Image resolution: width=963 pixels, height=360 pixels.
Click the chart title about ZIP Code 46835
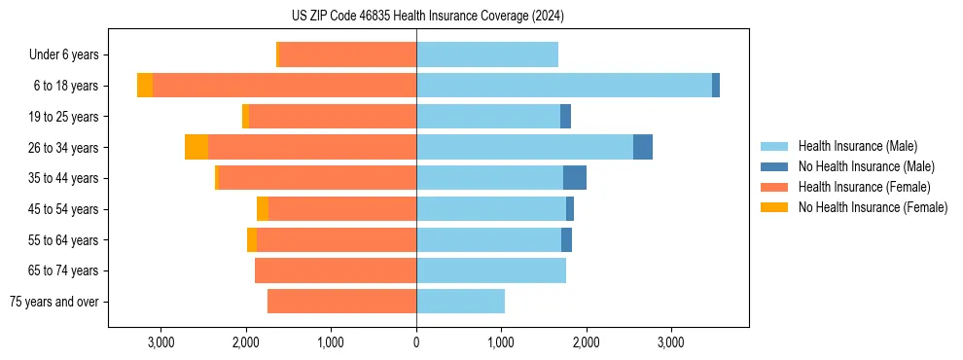point(427,16)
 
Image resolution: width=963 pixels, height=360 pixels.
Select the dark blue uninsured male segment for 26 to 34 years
point(643,147)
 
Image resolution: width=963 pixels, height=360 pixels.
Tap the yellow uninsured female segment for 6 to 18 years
point(145,86)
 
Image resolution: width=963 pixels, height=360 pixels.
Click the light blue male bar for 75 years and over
point(460,302)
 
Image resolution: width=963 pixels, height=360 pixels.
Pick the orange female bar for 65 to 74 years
point(336,270)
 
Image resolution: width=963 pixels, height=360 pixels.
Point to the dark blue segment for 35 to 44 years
point(575,178)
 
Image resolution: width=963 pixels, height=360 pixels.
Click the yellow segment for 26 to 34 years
point(196,147)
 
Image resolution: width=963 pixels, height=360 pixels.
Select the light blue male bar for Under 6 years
point(487,54)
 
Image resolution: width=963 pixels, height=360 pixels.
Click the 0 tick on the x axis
point(416,342)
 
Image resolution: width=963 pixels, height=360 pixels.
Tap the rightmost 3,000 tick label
point(671,342)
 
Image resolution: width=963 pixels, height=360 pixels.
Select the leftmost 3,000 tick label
point(160,342)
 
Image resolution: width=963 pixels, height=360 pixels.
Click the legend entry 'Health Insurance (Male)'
point(857,146)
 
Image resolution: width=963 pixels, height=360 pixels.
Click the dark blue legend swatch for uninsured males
point(774,166)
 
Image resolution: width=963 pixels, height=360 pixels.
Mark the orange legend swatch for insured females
point(774,187)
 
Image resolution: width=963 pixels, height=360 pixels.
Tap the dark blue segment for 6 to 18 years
point(716,86)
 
